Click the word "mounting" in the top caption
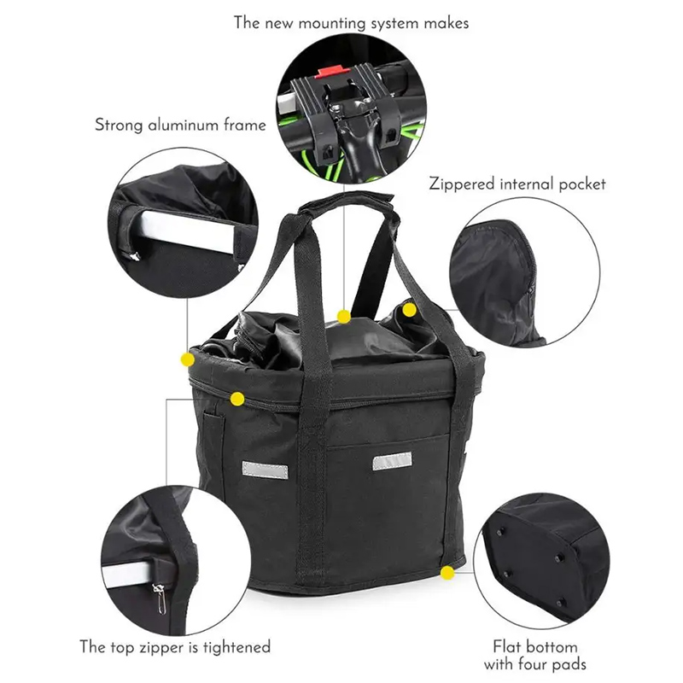332,24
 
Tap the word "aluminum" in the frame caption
184,125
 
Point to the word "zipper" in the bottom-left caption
162,648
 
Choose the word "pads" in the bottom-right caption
569,665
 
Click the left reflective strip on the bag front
265,470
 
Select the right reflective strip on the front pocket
392,461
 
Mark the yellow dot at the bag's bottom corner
447,573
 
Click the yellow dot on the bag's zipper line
237,399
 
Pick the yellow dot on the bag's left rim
187,359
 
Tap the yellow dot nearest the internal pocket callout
409,310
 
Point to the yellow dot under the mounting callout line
344,317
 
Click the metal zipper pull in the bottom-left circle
160,598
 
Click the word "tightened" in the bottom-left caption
236,648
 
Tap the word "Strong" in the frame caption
119,126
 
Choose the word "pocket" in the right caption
582,184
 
